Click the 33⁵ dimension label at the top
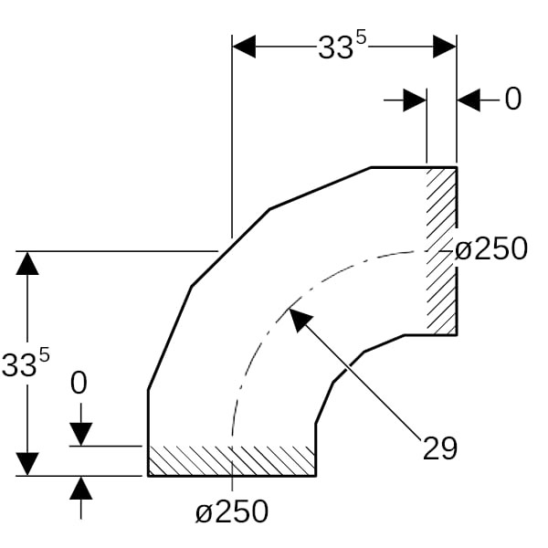pos(342,46)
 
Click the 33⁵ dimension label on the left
pos(26,363)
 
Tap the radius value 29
pos(440,448)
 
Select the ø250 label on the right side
pos(491,248)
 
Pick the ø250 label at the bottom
pos(232,511)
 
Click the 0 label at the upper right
pos(512,100)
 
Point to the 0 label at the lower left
pos(79,384)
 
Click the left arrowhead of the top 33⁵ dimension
pos(244,47)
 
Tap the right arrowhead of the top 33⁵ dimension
pos(445,47)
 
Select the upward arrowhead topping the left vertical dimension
pos(27,263)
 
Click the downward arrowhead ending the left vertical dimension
pos(27,464)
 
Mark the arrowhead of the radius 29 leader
pos(300,320)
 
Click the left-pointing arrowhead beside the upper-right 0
pos(469,100)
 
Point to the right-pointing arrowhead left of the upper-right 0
pos(415,100)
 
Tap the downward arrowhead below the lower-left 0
pos(81,435)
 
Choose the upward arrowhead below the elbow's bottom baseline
pos(81,488)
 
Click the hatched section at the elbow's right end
pos(441,251)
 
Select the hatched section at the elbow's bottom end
pos(232,460)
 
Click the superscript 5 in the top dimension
pos(361,38)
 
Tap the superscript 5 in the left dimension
pos(45,356)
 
